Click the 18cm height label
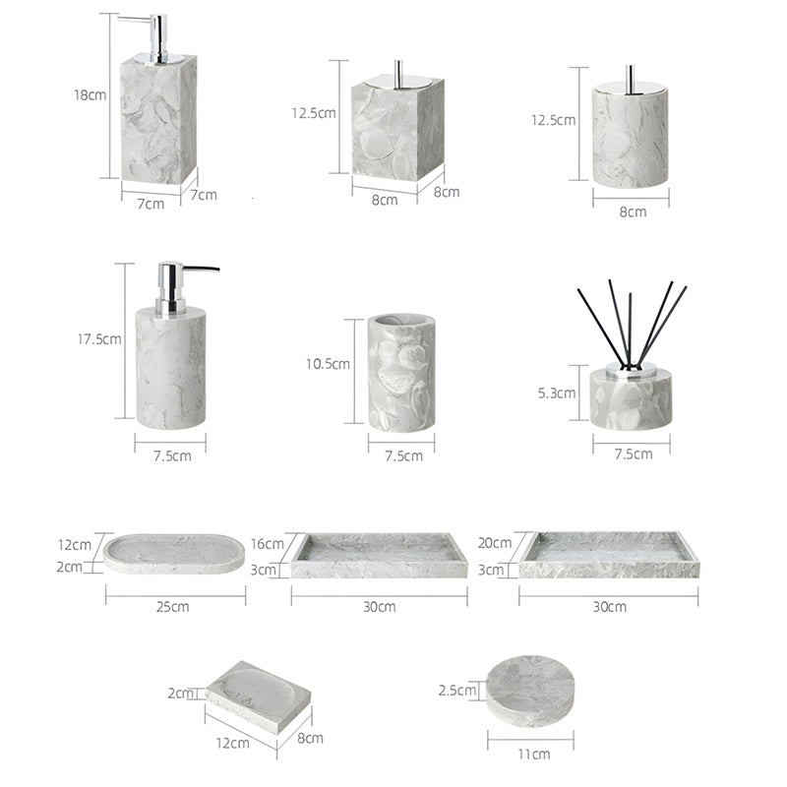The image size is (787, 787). click(x=91, y=94)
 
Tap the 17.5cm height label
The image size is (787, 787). click(x=99, y=339)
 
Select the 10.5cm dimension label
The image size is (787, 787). click(x=328, y=364)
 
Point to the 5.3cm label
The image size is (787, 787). click(x=557, y=393)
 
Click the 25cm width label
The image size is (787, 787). click(x=173, y=607)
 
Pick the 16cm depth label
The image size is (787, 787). click(x=268, y=544)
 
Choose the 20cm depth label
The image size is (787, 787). click(x=495, y=543)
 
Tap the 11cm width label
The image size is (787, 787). click(x=534, y=754)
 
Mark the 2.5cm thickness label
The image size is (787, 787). click(x=457, y=691)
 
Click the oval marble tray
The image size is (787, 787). click(x=174, y=554)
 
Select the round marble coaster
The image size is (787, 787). click(x=530, y=691)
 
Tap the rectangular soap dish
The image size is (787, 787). click(x=258, y=696)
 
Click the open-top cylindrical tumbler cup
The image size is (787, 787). click(x=401, y=373)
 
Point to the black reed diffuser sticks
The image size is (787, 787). click(x=632, y=324)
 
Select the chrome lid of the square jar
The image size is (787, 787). click(x=398, y=82)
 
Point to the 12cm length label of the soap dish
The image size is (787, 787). click(x=233, y=743)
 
